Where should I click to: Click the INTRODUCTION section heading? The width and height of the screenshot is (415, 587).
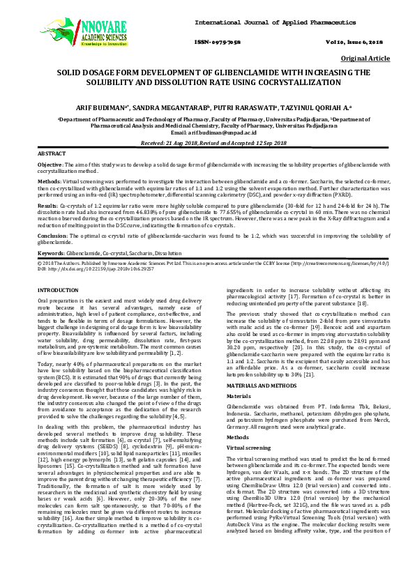click(62, 289)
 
